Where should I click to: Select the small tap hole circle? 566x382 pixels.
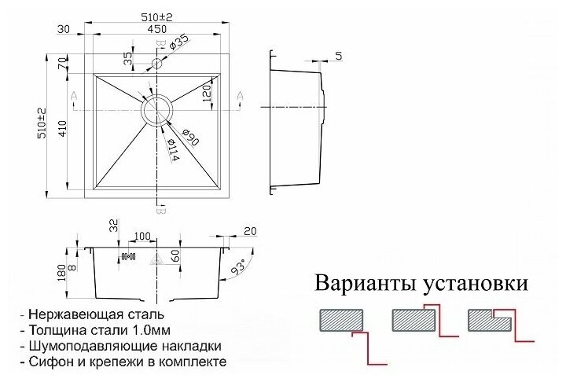point(157,62)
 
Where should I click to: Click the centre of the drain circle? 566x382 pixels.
point(157,110)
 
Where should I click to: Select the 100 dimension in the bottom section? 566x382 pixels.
point(142,236)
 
